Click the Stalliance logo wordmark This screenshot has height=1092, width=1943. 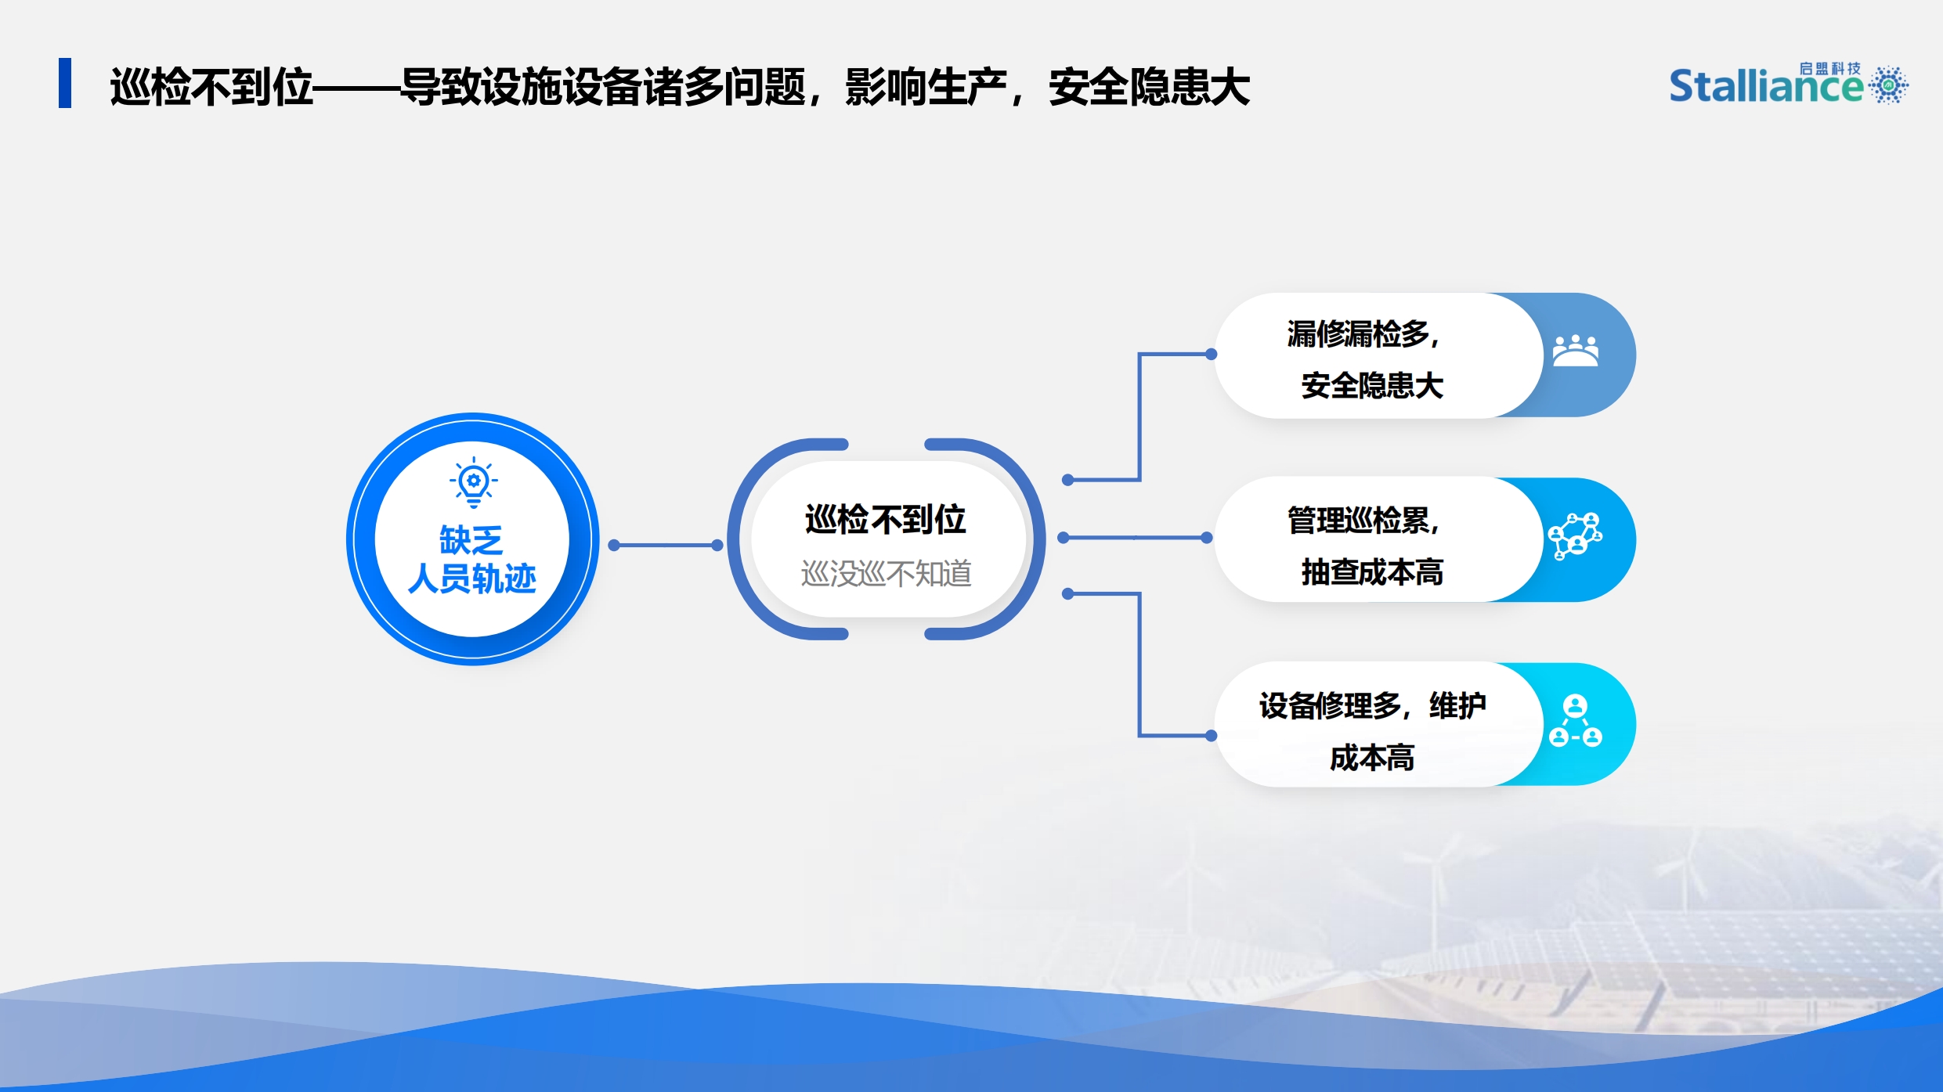[x=1766, y=85]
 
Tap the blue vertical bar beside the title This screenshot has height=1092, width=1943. [x=65, y=83]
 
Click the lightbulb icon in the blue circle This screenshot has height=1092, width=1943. [x=474, y=481]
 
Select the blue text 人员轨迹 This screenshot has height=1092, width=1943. [x=472, y=578]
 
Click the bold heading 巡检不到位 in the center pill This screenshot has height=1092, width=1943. [x=886, y=520]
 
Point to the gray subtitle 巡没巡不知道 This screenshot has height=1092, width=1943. [x=886, y=574]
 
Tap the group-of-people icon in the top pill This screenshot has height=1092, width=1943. [x=1576, y=351]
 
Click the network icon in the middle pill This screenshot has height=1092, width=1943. [x=1576, y=536]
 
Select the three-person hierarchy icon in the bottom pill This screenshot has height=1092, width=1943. [x=1576, y=721]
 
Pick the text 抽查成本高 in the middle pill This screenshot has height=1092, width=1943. [x=1372, y=572]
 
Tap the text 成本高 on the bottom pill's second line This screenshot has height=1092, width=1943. [x=1372, y=758]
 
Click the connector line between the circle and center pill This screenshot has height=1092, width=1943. [x=666, y=545]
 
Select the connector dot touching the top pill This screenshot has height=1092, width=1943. [x=1211, y=354]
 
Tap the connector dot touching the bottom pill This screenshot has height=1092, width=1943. [x=1211, y=736]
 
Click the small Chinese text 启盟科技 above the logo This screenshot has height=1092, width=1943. [x=1829, y=69]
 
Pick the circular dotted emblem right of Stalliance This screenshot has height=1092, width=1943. [x=1889, y=85]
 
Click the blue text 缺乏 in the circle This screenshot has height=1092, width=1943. [x=471, y=540]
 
